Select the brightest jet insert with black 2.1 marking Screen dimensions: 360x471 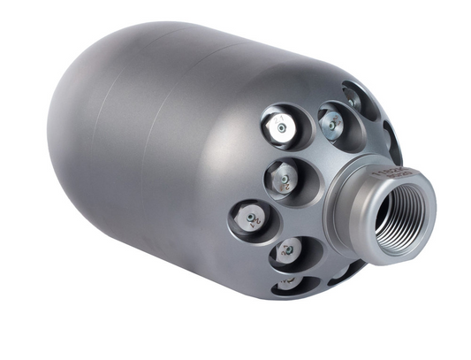[280, 127]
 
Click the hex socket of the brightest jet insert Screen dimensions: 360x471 [282, 128]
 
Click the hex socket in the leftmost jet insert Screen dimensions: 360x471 [251, 218]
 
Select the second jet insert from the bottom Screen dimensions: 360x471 [285, 252]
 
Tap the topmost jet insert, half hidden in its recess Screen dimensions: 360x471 [354, 100]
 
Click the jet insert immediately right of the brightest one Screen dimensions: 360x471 [330, 124]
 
